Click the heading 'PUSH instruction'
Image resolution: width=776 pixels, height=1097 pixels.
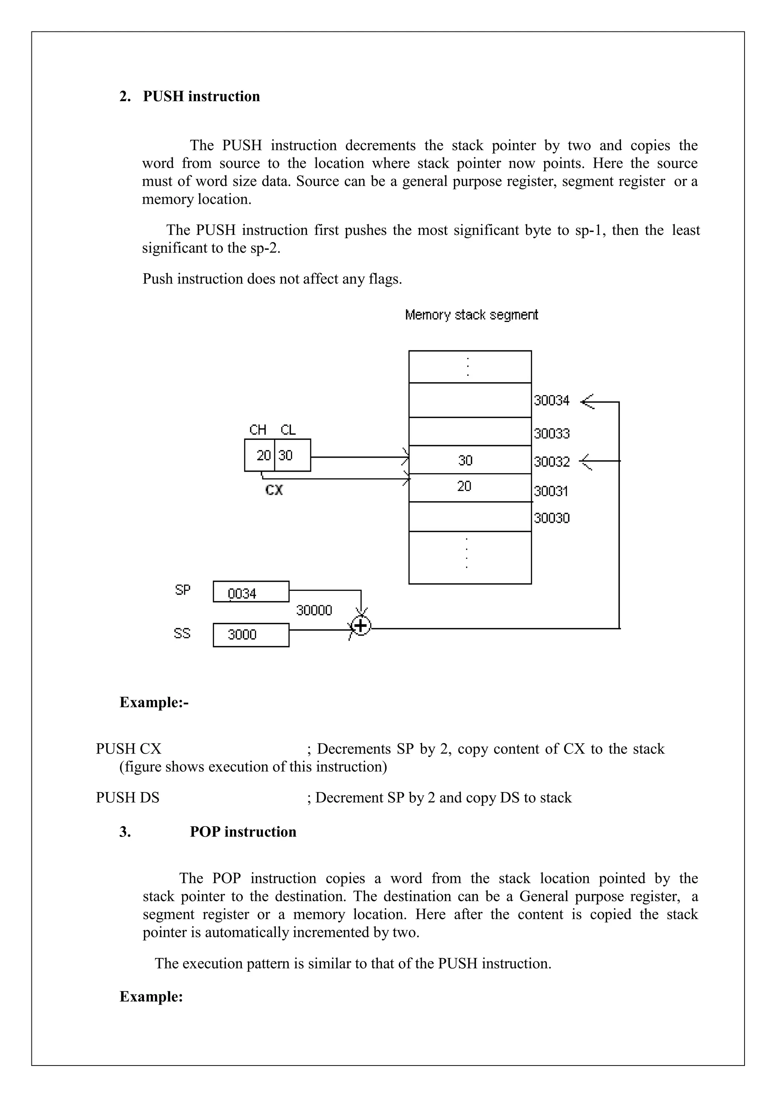[201, 97]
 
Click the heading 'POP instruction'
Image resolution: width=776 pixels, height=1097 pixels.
[243, 832]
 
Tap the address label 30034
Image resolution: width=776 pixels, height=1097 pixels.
[551, 400]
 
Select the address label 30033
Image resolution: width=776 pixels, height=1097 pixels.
[551, 433]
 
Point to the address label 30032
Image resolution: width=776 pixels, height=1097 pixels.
[551, 461]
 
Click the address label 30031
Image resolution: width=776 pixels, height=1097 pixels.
[551, 491]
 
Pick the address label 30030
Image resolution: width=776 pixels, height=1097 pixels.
[551, 519]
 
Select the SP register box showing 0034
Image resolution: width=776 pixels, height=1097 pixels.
[251, 592]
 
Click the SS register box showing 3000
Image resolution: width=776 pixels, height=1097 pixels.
[251, 635]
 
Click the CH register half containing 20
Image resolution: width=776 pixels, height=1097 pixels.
[261, 455]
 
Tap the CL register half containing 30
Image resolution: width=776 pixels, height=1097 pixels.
[291, 455]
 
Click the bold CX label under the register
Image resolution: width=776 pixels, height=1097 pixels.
[274, 490]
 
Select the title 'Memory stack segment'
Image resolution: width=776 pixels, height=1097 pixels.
[471, 315]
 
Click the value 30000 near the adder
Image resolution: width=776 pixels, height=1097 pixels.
[314, 610]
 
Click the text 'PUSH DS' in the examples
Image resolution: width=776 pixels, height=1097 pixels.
[128, 798]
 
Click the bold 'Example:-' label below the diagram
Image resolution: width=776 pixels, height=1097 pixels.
[154, 702]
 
